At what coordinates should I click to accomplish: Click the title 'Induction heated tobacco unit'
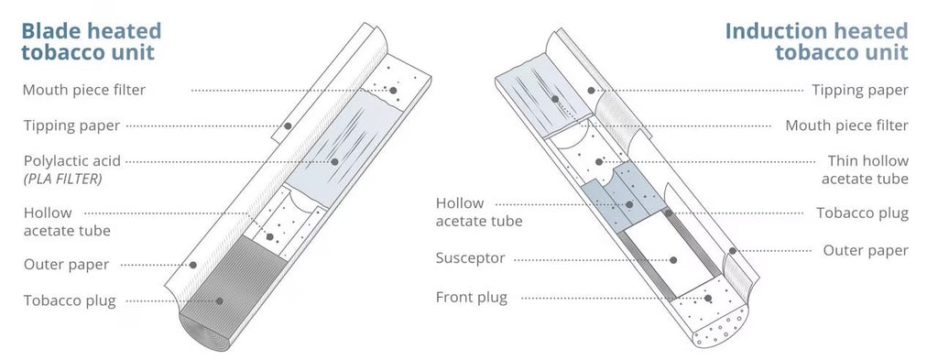coord(816,41)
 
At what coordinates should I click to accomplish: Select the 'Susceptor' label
coord(470,258)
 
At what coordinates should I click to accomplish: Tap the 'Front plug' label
coord(471,297)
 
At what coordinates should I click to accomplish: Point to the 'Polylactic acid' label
coord(71,161)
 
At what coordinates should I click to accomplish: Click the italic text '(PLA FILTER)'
coord(62,180)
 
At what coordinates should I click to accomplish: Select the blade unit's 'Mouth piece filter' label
coord(83,90)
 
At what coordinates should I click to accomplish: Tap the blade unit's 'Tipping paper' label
coord(71,125)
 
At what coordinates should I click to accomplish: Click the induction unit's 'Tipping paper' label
coord(860,90)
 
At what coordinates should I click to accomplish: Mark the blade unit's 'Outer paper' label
coord(66,264)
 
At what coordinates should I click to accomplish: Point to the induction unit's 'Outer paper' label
coord(865,249)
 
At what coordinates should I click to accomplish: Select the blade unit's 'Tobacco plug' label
coord(70,300)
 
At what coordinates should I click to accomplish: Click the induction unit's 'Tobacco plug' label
coord(862,213)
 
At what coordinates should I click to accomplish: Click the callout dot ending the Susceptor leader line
coord(672,258)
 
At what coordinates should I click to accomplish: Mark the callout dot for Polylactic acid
coord(334,161)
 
